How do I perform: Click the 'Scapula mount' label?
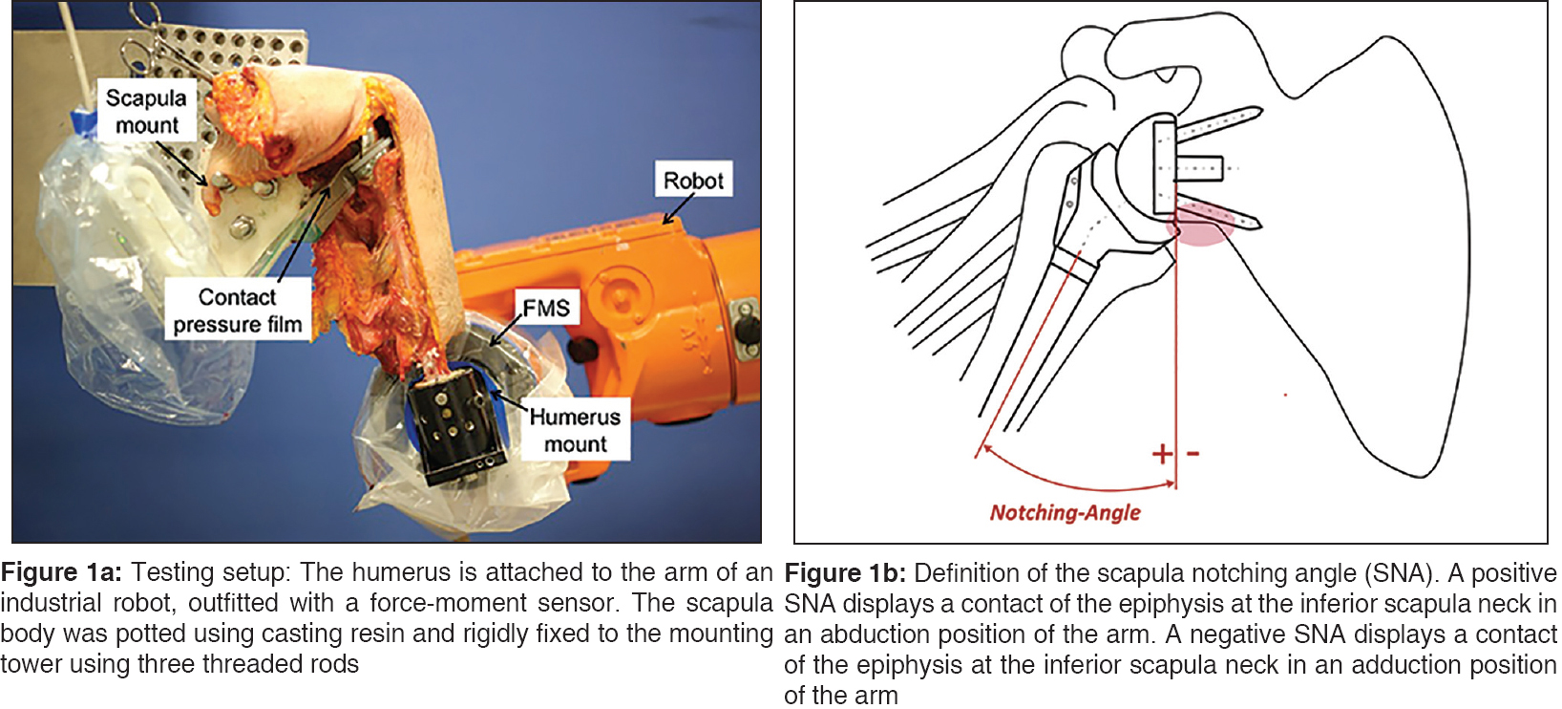[146, 111]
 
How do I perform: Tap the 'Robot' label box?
[693, 180]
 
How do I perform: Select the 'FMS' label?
[546, 308]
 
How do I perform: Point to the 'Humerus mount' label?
[575, 430]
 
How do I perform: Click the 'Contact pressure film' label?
[237, 311]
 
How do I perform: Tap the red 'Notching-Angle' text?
[1065, 513]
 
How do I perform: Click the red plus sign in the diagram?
[1162, 453]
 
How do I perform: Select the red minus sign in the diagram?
[1193, 453]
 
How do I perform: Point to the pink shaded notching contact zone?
[1201, 227]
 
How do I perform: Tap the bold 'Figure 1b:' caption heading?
[845, 573]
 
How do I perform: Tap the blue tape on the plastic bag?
[81, 122]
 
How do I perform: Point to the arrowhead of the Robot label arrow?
[666, 223]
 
